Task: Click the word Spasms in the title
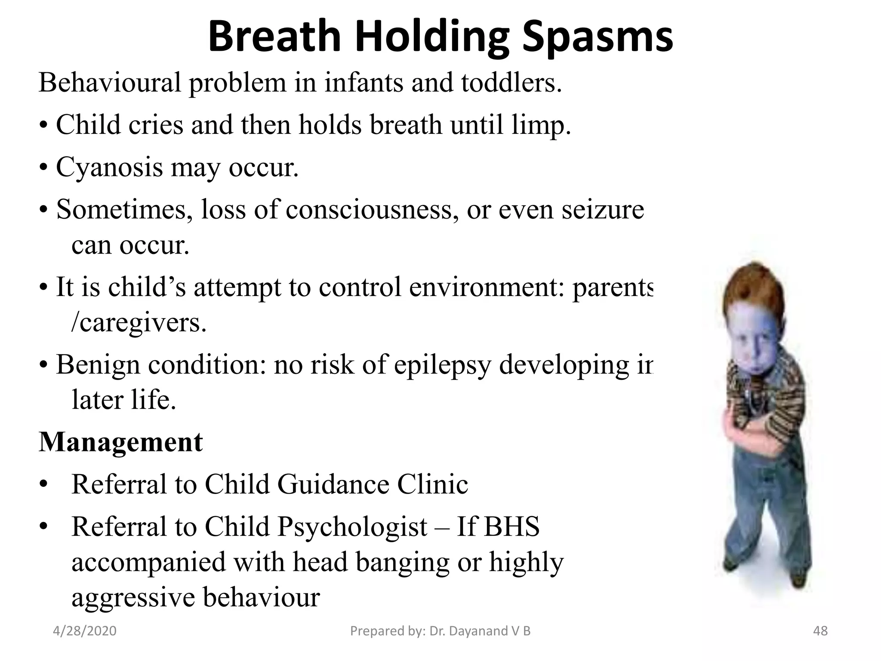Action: tap(598, 38)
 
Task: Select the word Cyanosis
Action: tap(109, 167)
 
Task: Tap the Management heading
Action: tap(120, 442)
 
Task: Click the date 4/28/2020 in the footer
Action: tap(85, 631)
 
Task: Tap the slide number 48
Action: tap(820, 631)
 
